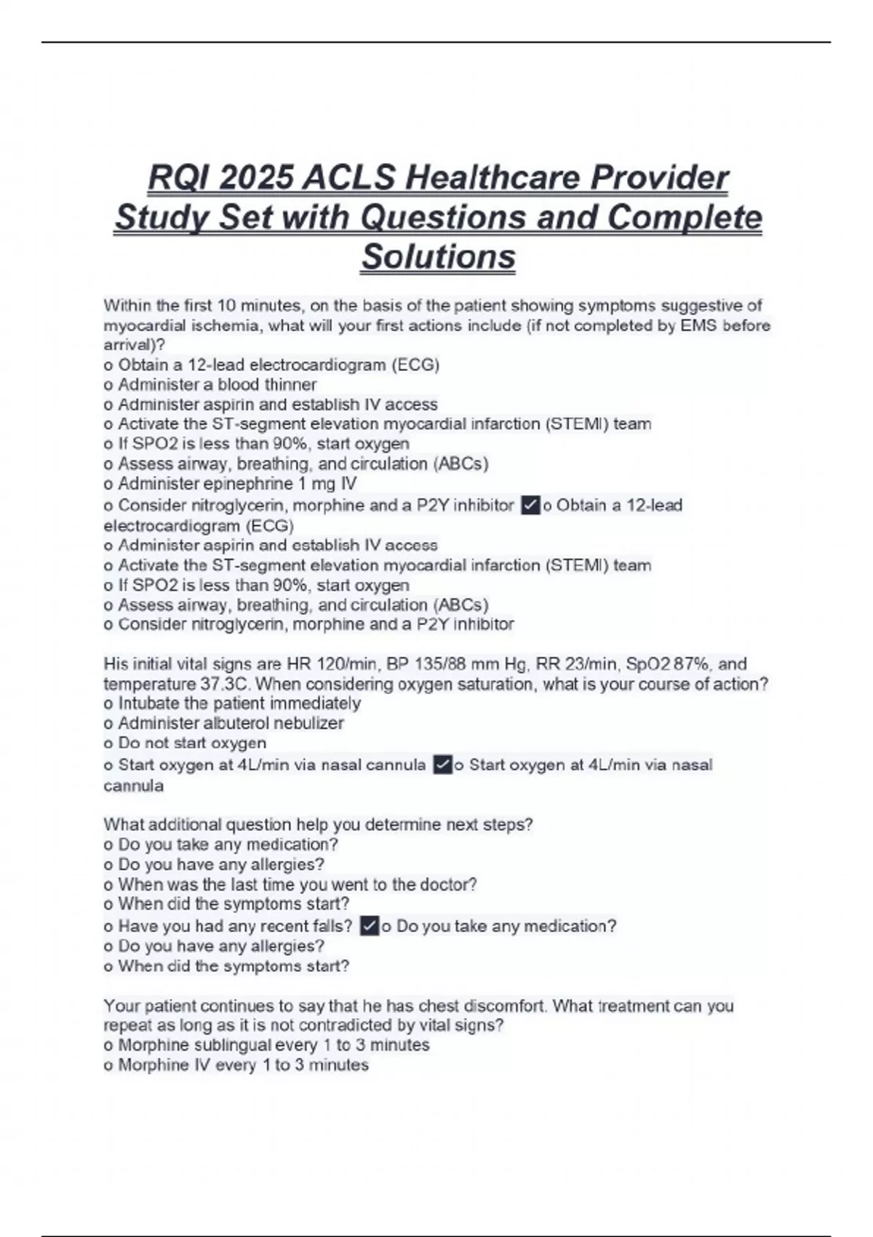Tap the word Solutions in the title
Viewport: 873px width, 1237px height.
[439, 257]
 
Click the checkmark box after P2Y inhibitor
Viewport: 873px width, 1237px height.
[530, 506]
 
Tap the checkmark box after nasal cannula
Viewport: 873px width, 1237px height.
[442, 765]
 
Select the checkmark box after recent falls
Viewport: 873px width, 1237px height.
[370, 926]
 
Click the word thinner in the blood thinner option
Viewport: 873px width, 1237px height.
[290, 385]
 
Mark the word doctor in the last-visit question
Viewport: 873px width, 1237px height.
[446, 885]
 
